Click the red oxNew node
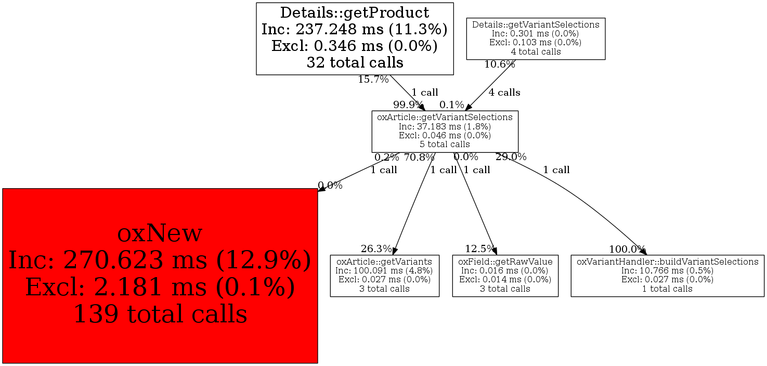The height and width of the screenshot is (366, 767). coord(160,276)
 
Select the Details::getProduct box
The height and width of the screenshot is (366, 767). coord(355,38)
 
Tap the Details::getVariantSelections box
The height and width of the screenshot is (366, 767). coord(535,38)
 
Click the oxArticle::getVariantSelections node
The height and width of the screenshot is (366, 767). coord(445,131)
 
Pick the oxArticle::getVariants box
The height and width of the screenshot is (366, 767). coord(384,276)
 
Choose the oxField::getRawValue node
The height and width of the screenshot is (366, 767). coord(505,276)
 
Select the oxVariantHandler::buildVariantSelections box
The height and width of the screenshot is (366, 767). coord(667,276)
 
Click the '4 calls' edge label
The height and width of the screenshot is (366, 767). coord(504,93)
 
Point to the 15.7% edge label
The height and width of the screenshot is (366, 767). coord(373,80)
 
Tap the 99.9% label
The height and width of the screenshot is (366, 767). coord(408,104)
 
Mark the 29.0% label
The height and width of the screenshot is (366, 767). coord(511,156)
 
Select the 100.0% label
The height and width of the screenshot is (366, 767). coord(627,249)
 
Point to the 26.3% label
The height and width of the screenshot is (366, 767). coord(376,249)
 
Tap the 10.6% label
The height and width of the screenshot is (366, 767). coord(499,64)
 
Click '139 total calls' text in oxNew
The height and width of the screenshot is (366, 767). coord(160,314)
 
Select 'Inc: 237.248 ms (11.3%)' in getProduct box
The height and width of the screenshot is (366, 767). coord(355,29)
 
